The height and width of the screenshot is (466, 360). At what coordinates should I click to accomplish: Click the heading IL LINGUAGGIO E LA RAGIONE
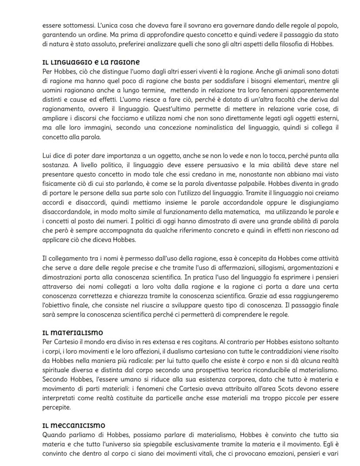click(91, 62)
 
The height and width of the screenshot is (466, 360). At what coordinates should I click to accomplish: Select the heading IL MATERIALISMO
click(72, 333)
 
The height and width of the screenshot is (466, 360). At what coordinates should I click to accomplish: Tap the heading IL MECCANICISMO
click(73, 425)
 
